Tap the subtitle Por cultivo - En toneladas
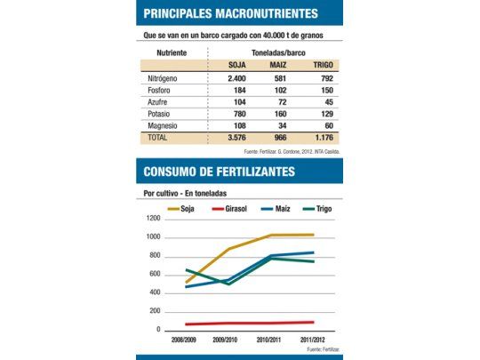(x=186, y=192)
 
